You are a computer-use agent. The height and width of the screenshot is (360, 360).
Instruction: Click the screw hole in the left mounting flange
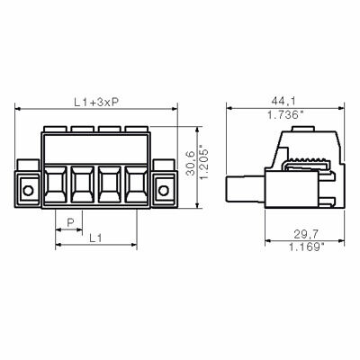click(28, 191)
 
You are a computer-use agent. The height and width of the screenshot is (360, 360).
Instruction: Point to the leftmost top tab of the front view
click(55, 129)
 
